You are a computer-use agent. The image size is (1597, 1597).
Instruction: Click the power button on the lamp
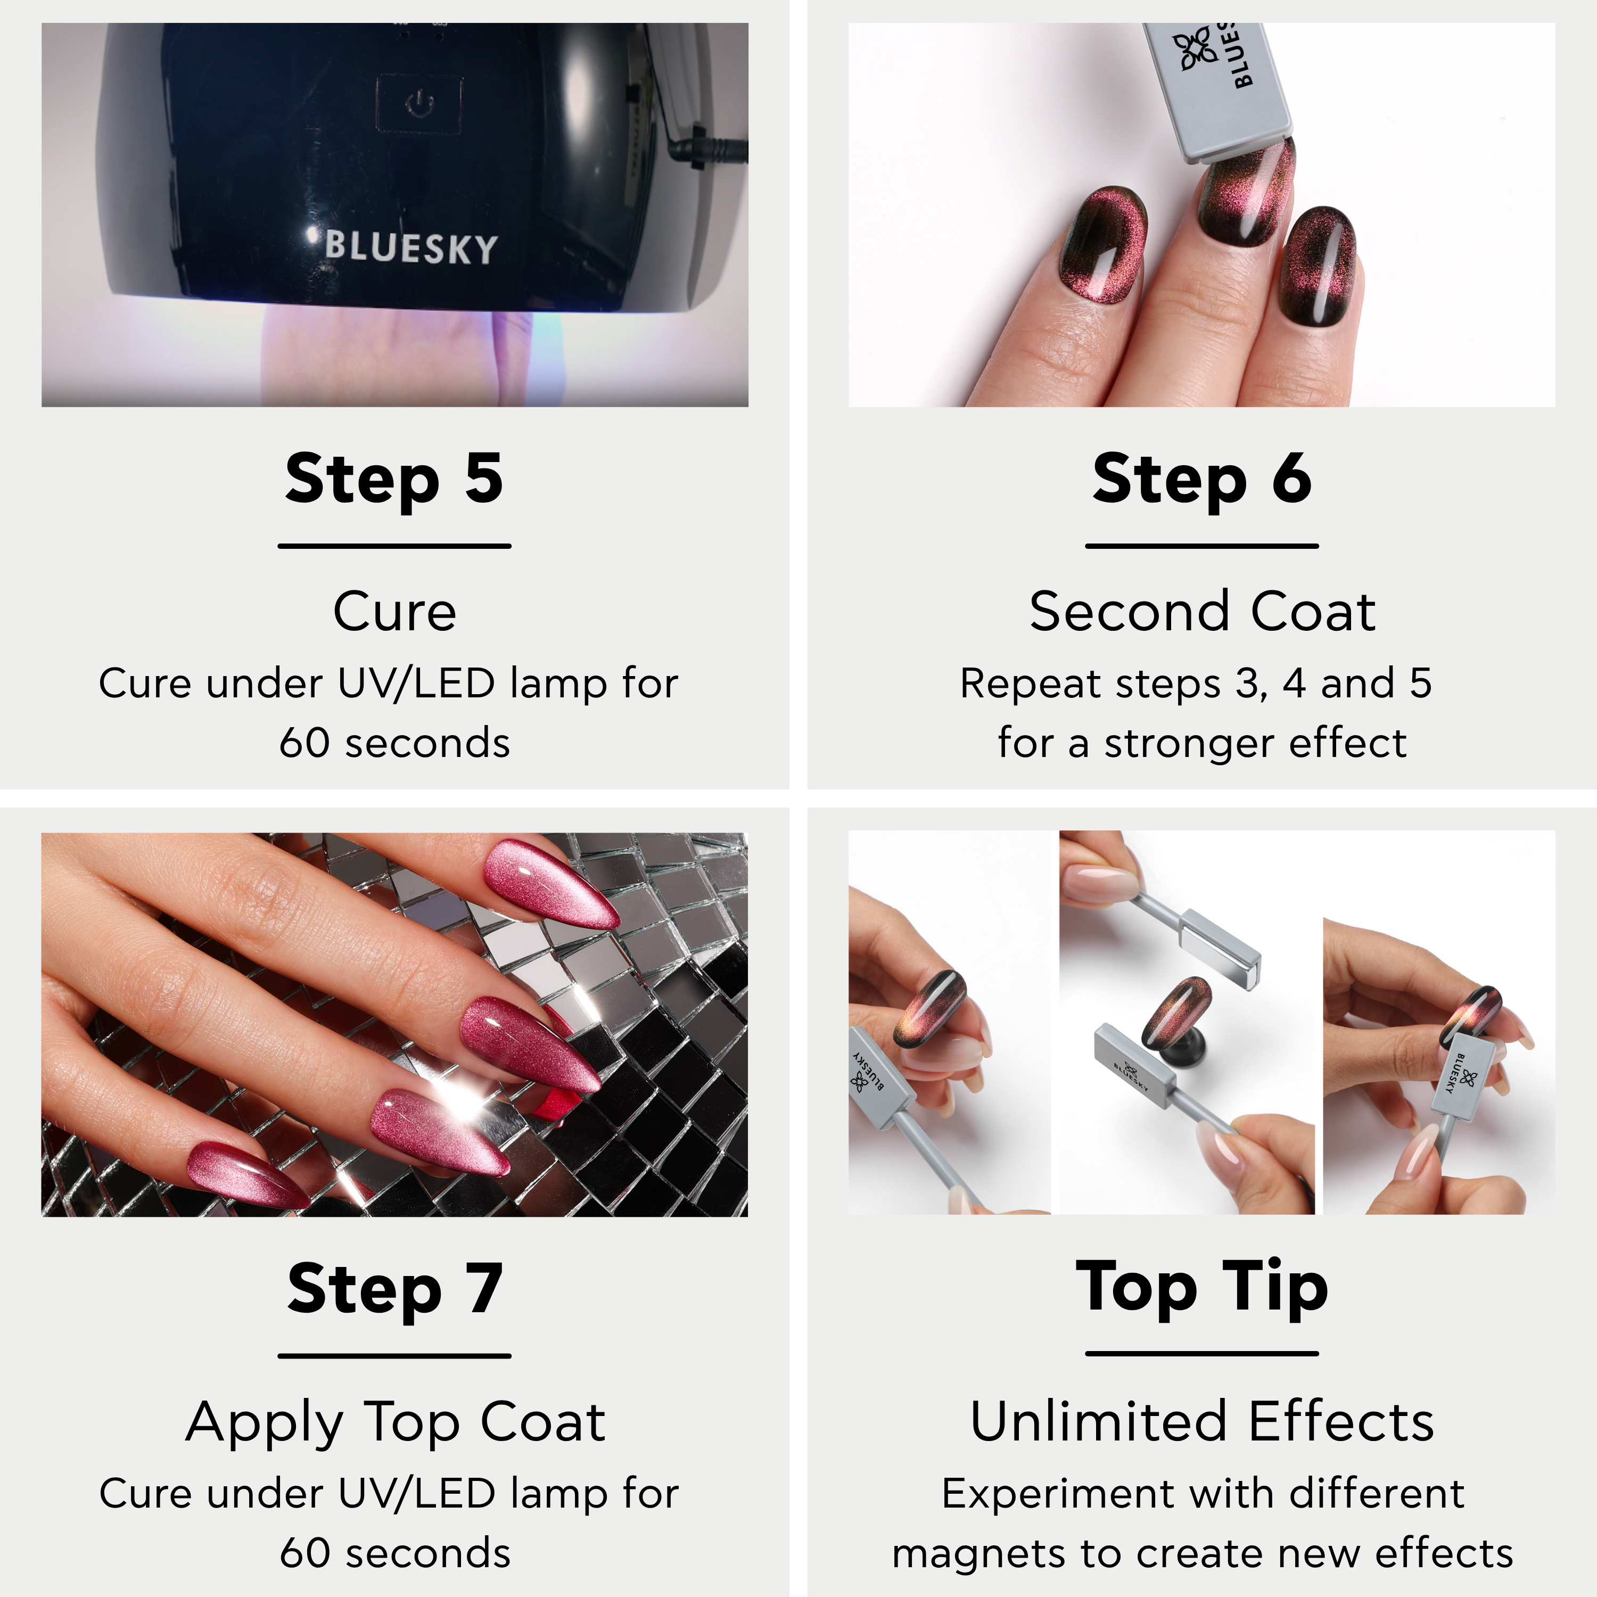[x=420, y=104]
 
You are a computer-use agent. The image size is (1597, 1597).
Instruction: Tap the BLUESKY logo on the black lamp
[x=411, y=247]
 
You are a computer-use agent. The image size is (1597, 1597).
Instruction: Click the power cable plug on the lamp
[x=707, y=149]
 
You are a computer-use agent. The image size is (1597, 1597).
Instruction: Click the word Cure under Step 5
[x=395, y=612]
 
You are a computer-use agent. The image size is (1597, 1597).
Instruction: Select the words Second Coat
[x=1203, y=612]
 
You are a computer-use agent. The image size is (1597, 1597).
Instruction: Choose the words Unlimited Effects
[x=1203, y=1422]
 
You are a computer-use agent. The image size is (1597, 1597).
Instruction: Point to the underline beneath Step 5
[x=394, y=546]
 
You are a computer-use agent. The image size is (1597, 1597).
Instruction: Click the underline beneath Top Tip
[x=1202, y=1354]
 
